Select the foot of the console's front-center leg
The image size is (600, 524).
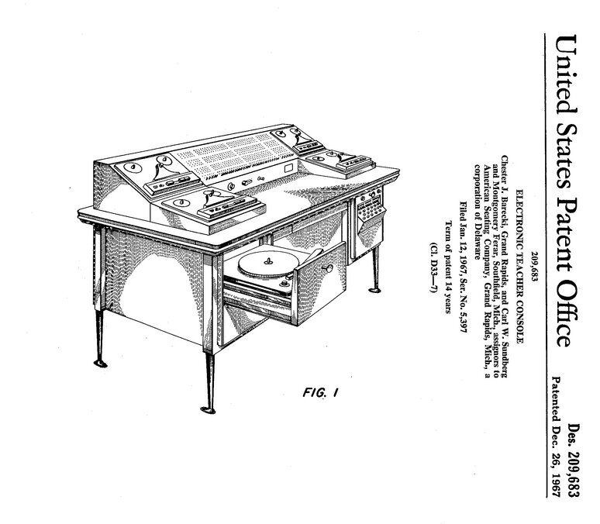206,408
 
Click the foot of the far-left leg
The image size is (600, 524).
100,362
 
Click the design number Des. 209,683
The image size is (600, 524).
574,465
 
